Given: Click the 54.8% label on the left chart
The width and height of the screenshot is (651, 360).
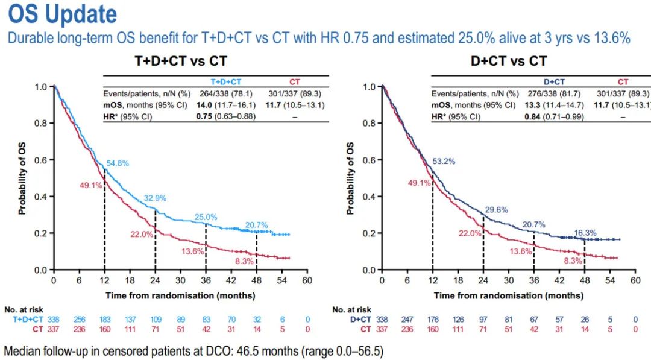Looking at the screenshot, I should click(118, 163).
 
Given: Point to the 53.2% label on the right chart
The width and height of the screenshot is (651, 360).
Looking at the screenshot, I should click(445, 162).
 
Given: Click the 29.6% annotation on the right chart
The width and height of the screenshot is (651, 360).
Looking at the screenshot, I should click(496, 210).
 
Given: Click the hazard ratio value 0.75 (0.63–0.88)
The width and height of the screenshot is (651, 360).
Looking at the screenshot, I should click(225, 116).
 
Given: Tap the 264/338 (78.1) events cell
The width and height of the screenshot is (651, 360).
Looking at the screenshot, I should click(225, 93).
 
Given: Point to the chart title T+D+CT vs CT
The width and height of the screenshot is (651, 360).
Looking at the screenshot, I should click(181, 61).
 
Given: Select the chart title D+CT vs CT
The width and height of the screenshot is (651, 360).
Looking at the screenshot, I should click(509, 61).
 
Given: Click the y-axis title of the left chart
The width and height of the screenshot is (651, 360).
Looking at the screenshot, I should click(22, 179).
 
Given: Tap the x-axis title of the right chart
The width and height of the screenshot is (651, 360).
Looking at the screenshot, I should click(508, 295).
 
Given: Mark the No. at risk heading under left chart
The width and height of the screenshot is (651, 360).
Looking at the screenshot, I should click(24, 309).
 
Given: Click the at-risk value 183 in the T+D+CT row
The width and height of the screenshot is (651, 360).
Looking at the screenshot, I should click(104, 319).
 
